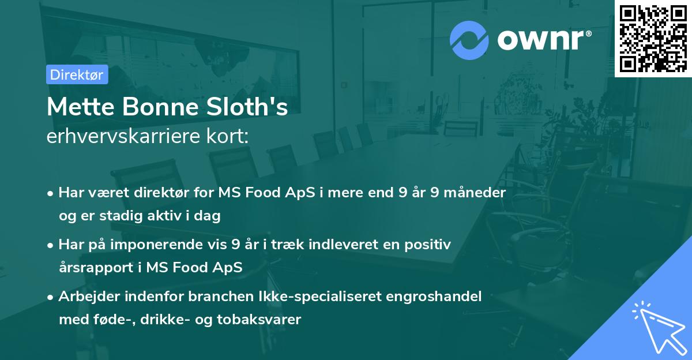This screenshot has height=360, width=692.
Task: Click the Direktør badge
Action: (77, 74)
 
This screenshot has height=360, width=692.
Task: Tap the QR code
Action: (653, 39)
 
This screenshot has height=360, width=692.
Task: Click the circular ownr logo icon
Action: (469, 40)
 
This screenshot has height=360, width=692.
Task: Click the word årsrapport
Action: (97, 268)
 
